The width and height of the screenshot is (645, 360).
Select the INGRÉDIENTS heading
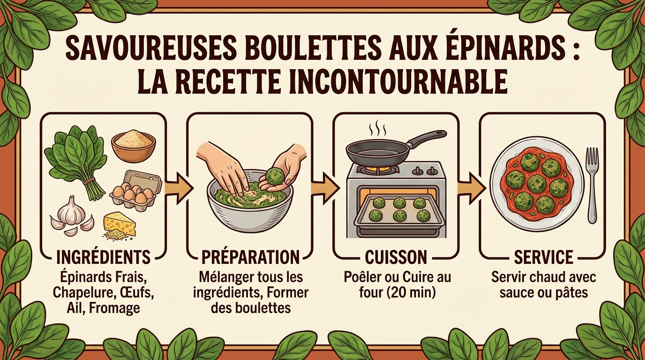pyautogui.click(x=103, y=257)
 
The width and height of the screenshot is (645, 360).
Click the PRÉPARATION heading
pyautogui.click(x=250, y=257)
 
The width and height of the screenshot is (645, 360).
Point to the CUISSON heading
pyautogui.click(x=396, y=257)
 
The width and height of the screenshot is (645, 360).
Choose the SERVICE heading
pyautogui.click(x=543, y=257)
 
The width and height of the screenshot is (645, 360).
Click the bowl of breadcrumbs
pyautogui.click(x=133, y=145)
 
